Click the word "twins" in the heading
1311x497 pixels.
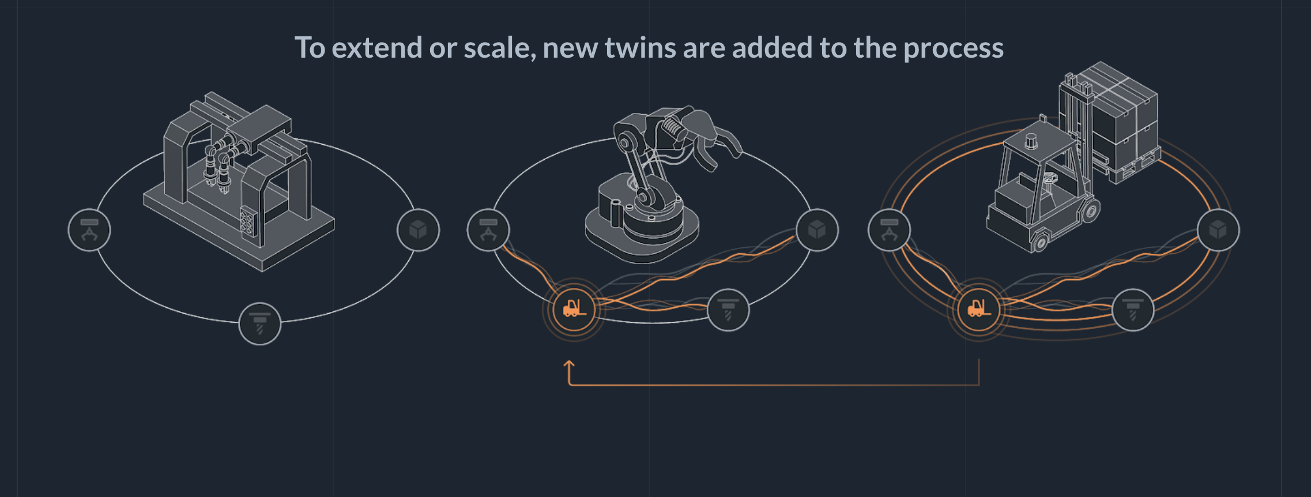click(640, 48)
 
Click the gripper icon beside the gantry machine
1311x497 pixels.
click(89, 230)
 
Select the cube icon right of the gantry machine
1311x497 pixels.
click(418, 230)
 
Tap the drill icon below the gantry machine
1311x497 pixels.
click(260, 323)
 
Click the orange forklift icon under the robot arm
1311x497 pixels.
click(574, 310)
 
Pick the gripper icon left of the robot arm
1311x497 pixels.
click(488, 230)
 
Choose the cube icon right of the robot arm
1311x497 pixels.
click(817, 230)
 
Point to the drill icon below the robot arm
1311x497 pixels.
click(728, 310)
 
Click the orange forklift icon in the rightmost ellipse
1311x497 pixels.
click(978, 310)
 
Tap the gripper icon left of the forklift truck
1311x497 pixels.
click(889, 230)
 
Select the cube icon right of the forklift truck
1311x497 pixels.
click(1218, 230)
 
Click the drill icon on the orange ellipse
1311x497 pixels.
click(1133, 310)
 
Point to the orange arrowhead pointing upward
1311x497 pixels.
click(569, 365)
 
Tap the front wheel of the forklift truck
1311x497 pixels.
click(1040, 240)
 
